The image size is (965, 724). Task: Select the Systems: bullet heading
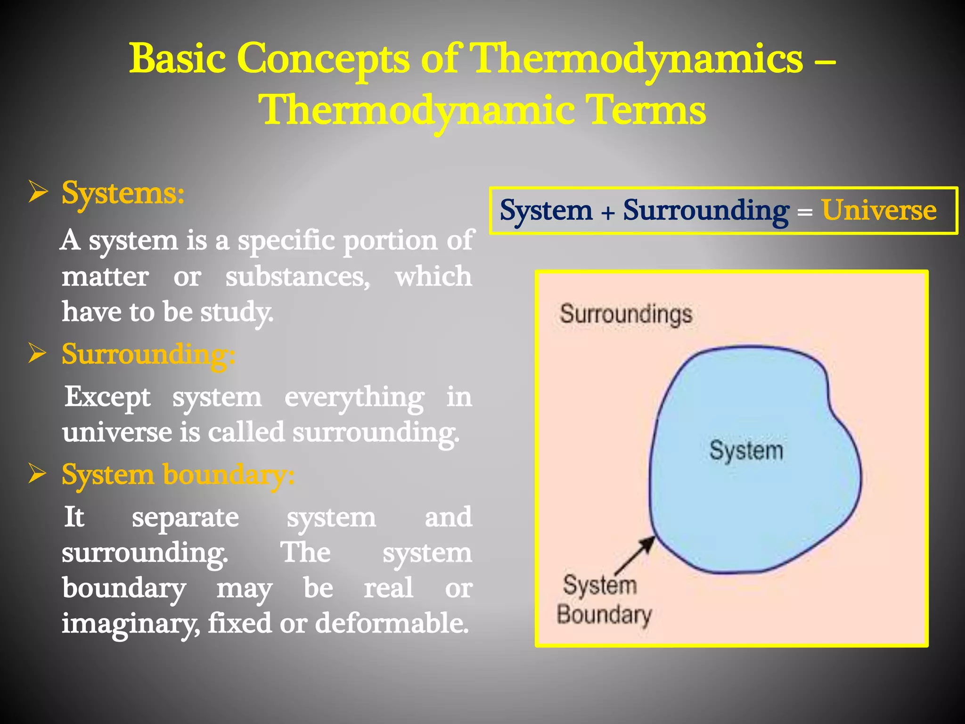[123, 193]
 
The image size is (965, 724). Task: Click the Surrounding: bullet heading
[148, 354]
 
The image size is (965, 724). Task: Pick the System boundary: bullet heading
[178, 474]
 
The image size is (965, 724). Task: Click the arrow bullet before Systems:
[38, 192]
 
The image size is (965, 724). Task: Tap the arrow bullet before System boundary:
[38, 473]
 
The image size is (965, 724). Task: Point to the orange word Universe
[879, 210]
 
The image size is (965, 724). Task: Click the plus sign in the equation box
[608, 213]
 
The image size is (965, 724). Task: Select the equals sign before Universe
[805, 213]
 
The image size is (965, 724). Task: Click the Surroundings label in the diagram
[626, 314]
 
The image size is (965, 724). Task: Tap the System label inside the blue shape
[746, 451]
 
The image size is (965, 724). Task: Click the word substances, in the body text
[297, 277]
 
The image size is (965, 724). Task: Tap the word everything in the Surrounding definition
[354, 397]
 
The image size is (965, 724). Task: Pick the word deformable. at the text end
[392, 623]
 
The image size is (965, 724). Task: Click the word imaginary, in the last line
[131, 623]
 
